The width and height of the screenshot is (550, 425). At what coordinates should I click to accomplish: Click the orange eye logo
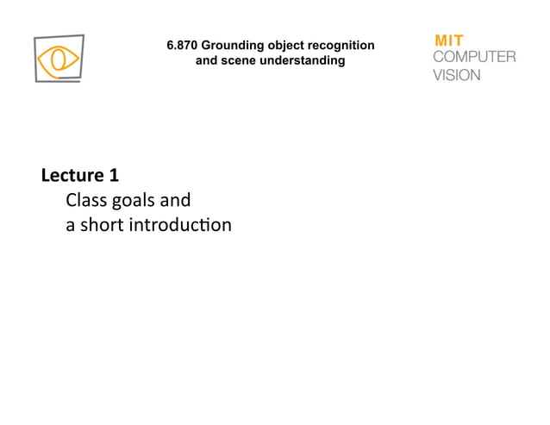click(x=59, y=59)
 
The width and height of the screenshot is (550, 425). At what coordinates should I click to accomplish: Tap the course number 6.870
click(x=183, y=44)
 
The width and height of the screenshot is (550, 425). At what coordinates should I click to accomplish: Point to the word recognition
click(x=342, y=44)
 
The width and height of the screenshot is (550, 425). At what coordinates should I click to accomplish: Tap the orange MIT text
click(x=448, y=41)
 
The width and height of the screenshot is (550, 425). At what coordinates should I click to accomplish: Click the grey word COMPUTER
click(x=473, y=57)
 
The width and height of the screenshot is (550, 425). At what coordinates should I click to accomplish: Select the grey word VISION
click(x=456, y=74)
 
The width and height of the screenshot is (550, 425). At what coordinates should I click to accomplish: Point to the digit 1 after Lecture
click(x=114, y=176)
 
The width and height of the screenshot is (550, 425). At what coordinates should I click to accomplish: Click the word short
click(x=103, y=226)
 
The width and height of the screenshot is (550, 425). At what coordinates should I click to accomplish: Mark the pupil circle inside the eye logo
click(x=59, y=59)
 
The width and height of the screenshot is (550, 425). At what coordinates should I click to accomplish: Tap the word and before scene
click(x=208, y=60)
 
